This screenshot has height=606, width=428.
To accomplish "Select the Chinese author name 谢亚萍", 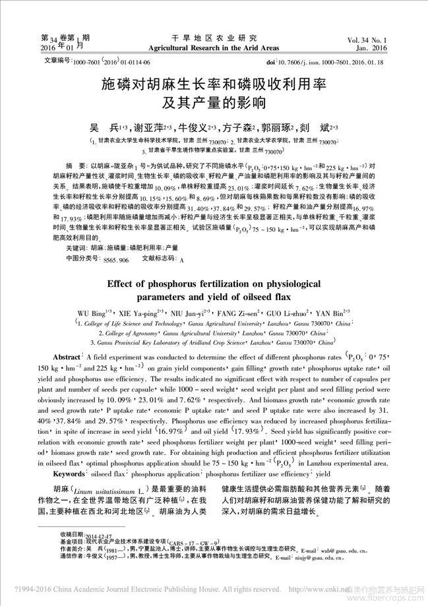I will (x=149, y=127).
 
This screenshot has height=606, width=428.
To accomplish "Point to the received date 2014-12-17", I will (x=98, y=533).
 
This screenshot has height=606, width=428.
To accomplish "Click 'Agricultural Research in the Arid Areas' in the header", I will (x=214, y=49).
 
